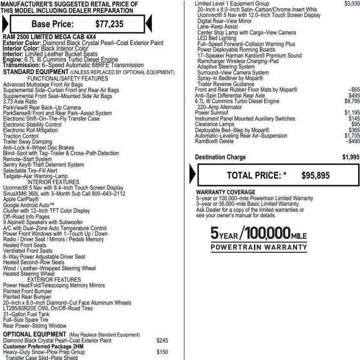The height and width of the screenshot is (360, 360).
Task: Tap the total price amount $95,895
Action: [315, 175]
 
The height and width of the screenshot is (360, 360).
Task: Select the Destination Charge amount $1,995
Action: [351, 157]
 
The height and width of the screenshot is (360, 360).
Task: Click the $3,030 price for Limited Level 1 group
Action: [352, 4]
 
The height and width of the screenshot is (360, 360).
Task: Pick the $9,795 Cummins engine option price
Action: [352, 101]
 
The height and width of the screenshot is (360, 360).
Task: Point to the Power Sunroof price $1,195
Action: [352, 112]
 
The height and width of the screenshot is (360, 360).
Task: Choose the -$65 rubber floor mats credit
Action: [354, 90]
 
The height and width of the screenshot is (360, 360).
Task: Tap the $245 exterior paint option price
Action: [162, 341]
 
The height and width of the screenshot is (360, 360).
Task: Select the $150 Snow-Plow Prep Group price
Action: [162, 352]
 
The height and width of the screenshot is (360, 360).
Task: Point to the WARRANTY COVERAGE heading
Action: [225, 192]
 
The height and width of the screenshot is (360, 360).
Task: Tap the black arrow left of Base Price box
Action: [5, 23]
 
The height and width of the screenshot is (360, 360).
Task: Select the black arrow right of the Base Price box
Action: [149, 23]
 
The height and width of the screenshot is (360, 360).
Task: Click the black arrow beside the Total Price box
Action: [192, 175]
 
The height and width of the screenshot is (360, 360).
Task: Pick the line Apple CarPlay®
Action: [21, 199]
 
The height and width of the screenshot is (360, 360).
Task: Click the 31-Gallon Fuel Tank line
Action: [29, 314]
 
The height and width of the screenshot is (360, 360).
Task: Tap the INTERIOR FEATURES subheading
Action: [53, 182]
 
